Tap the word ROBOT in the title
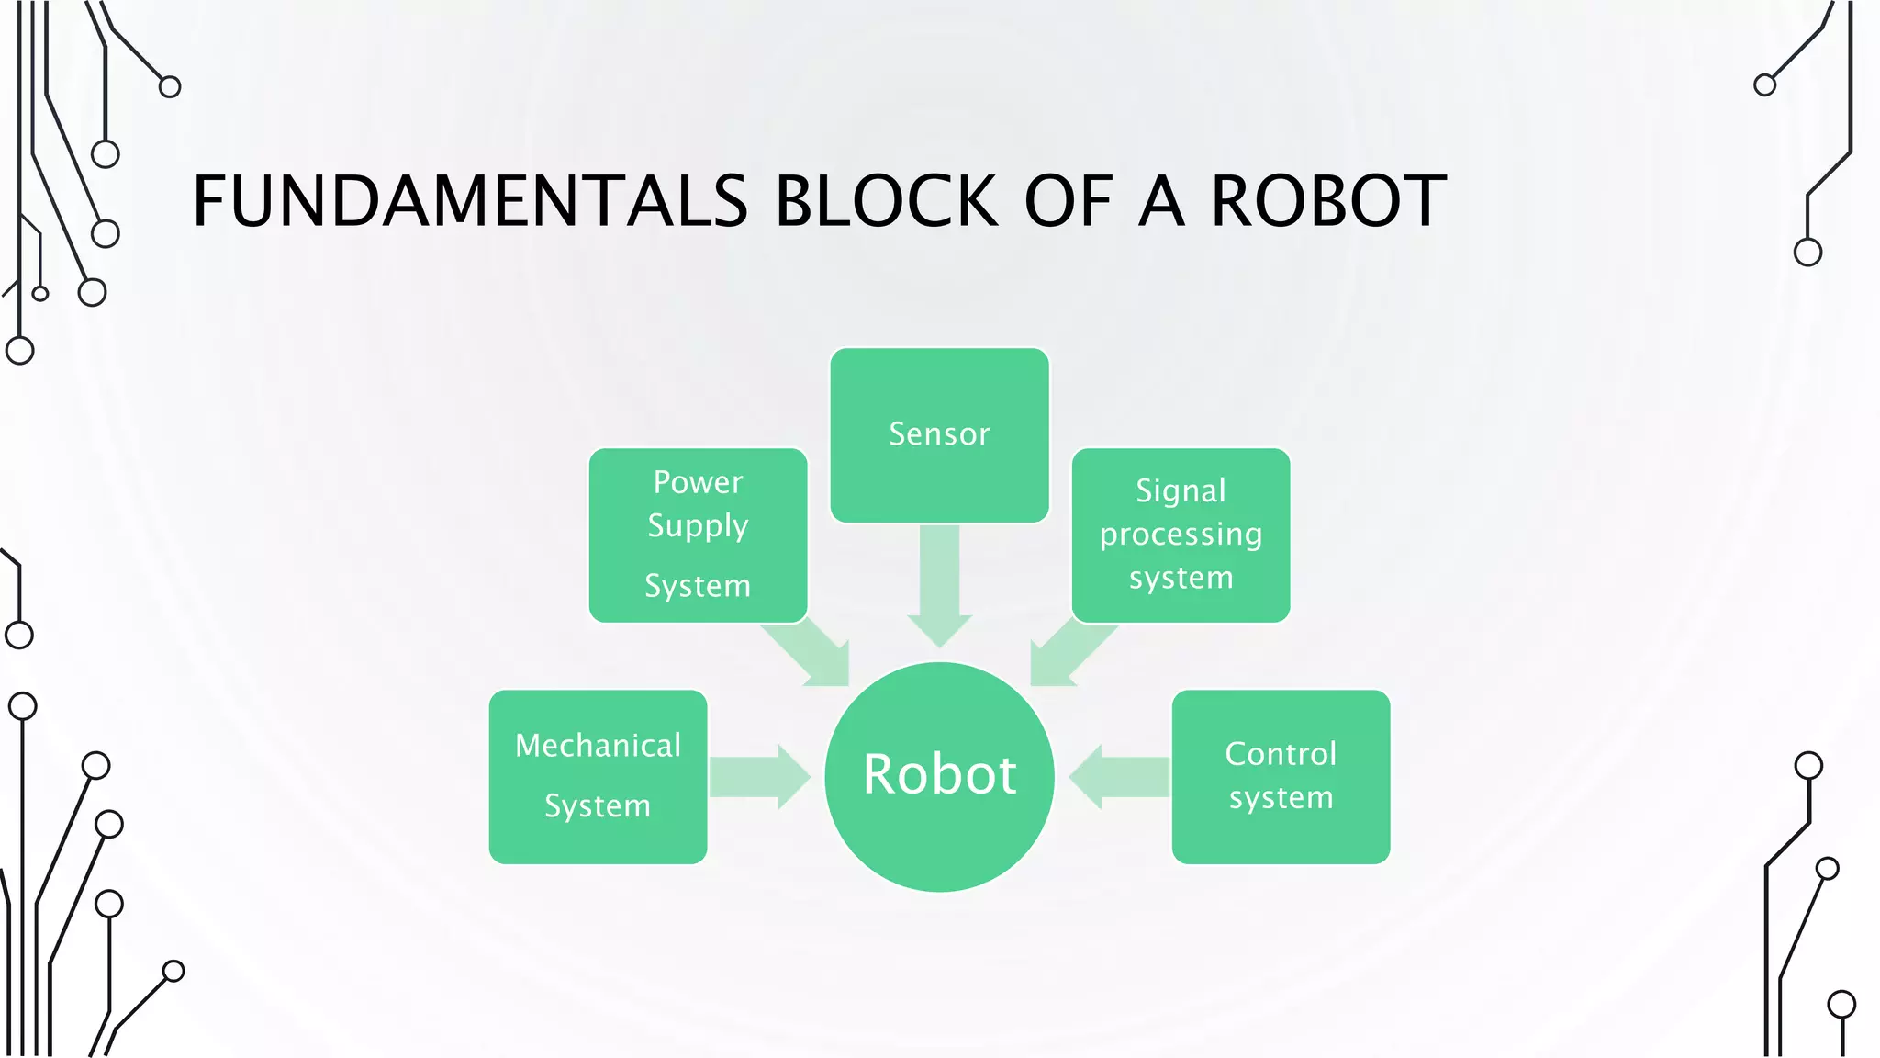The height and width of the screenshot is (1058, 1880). coord(1328,201)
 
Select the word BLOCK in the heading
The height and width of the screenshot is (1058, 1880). coord(886,201)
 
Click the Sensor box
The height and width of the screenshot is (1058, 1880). coord(939,434)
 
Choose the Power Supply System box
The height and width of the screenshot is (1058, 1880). coord(698,535)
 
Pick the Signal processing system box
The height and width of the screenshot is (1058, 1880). coord(1181,535)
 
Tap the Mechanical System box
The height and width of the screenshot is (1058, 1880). coord(598,777)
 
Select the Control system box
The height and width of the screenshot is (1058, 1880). coord(1281,777)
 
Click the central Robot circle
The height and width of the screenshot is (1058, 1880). coord(939,777)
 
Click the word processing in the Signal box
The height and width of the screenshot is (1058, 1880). coord(1181,535)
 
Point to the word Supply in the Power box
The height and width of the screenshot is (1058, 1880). coord(698,526)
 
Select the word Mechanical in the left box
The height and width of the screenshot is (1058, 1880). coord(598,746)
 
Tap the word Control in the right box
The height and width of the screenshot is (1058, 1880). coord(1281,754)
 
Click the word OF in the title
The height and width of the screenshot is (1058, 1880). coord(1068,201)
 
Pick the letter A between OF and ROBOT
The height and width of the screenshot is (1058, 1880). coord(1161,201)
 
